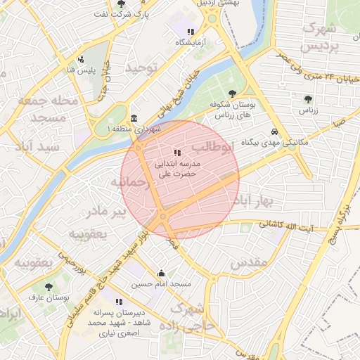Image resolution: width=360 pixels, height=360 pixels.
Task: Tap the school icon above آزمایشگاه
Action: [191, 32]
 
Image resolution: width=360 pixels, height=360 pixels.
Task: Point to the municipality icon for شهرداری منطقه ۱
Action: [134, 117]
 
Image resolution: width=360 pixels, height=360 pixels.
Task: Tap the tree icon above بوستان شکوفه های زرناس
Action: [233, 94]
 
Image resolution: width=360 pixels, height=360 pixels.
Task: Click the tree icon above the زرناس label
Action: [308, 99]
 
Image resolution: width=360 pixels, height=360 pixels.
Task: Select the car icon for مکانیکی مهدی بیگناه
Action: [274, 131]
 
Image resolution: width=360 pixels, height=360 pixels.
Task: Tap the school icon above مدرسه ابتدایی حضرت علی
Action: [176, 153]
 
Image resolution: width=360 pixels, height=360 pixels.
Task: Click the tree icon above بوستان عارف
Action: [48, 287]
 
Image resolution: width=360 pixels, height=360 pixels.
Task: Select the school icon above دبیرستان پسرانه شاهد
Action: [118, 302]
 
